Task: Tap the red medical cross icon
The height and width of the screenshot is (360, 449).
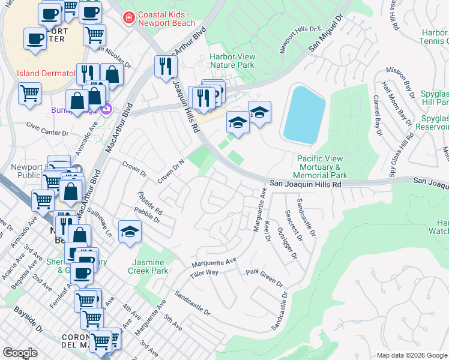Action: click(x=128, y=19)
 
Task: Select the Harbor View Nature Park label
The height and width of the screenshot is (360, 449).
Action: click(x=232, y=61)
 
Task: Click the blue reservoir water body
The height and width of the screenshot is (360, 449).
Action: click(x=304, y=114)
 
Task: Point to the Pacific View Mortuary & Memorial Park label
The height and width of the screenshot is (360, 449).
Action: click(x=322, y=167)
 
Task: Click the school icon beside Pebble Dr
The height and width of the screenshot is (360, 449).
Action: click(x=129, y=232)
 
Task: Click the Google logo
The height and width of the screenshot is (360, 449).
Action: click(x=20, y=353)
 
